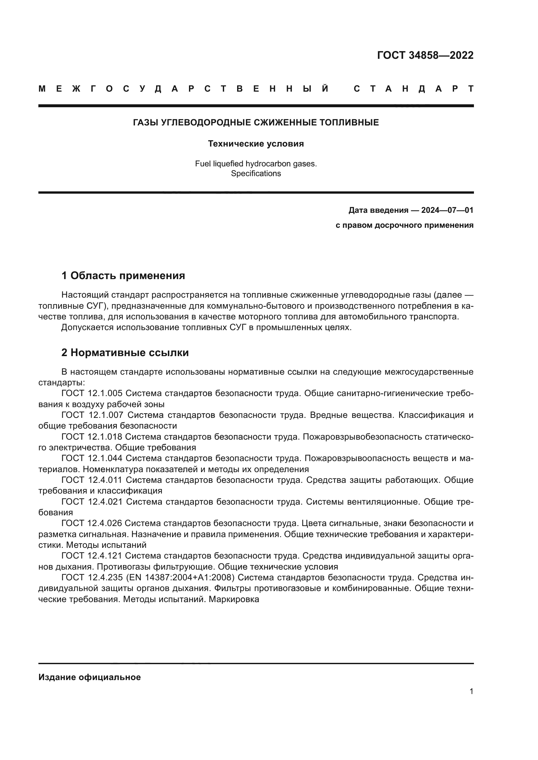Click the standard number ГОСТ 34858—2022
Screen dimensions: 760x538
click(425, 55)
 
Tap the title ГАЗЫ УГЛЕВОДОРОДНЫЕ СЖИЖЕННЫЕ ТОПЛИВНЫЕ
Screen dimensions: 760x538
click(256, 123)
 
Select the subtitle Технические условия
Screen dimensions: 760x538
click(256, 144)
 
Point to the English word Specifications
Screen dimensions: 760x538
click(256, 174)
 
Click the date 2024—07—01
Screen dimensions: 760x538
click(447, 210)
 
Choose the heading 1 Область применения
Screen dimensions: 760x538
click(123, 276)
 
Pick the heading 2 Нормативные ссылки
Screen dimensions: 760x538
click(125, 353)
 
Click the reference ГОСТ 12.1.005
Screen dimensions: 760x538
click(92, 393)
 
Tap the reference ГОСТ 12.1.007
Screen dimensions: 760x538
click(92, 415)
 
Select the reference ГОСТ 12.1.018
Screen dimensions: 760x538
click(91, 437)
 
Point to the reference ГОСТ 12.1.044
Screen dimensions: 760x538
click(92, 458)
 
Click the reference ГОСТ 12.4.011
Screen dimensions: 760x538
click(92, 480)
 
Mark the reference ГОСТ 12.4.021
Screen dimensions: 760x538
click(92, 501)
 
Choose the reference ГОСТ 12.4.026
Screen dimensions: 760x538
click(91, 523)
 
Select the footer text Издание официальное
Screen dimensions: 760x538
click(89, 677)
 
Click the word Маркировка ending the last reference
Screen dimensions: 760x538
click(234, 599)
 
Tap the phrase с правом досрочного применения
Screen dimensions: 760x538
click(405, 225)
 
